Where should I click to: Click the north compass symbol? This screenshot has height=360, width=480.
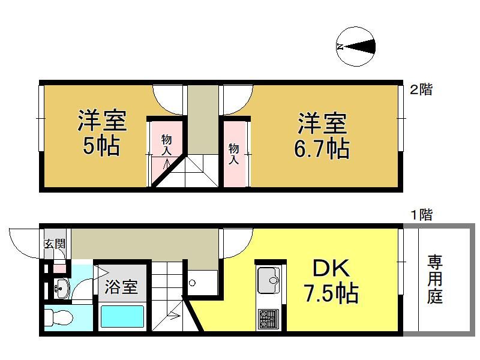[355, 47]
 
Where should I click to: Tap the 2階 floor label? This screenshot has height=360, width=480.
[421, 89]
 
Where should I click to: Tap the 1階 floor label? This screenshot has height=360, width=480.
[421, 215]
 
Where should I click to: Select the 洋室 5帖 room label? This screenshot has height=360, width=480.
[101, 133]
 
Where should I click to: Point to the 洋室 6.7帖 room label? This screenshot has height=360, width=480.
[322, 136]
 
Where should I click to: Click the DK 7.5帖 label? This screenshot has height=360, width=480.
[331, 281]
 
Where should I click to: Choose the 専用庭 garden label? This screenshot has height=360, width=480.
[435, 279]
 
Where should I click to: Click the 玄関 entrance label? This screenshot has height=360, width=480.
[55, 244]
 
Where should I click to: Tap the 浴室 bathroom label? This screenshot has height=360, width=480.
[121, 287]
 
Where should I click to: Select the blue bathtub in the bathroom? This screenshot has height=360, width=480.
[122, 316]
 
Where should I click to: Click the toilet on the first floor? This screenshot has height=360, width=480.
[59, 317]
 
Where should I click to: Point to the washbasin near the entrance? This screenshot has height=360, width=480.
[62, 288]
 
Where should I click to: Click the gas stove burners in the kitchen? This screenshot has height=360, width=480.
[268, 319]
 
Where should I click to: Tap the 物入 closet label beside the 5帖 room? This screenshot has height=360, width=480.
[167, 145]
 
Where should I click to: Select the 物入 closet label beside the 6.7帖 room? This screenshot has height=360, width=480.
[233, 154]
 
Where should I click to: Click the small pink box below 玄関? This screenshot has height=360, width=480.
[59, 268]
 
